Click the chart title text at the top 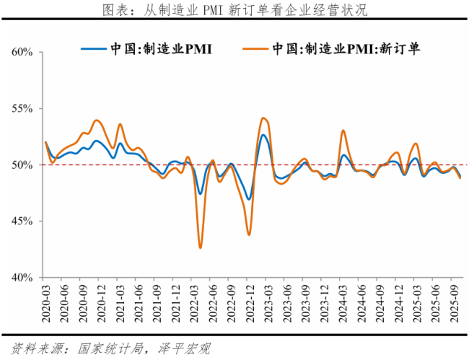(235, 9)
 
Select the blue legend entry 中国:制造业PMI (151, 48)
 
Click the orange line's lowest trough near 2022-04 (200, 247)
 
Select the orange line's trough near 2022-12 (249, 234)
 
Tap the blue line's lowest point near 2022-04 (200, 193)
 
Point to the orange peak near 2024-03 (343, 131)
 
